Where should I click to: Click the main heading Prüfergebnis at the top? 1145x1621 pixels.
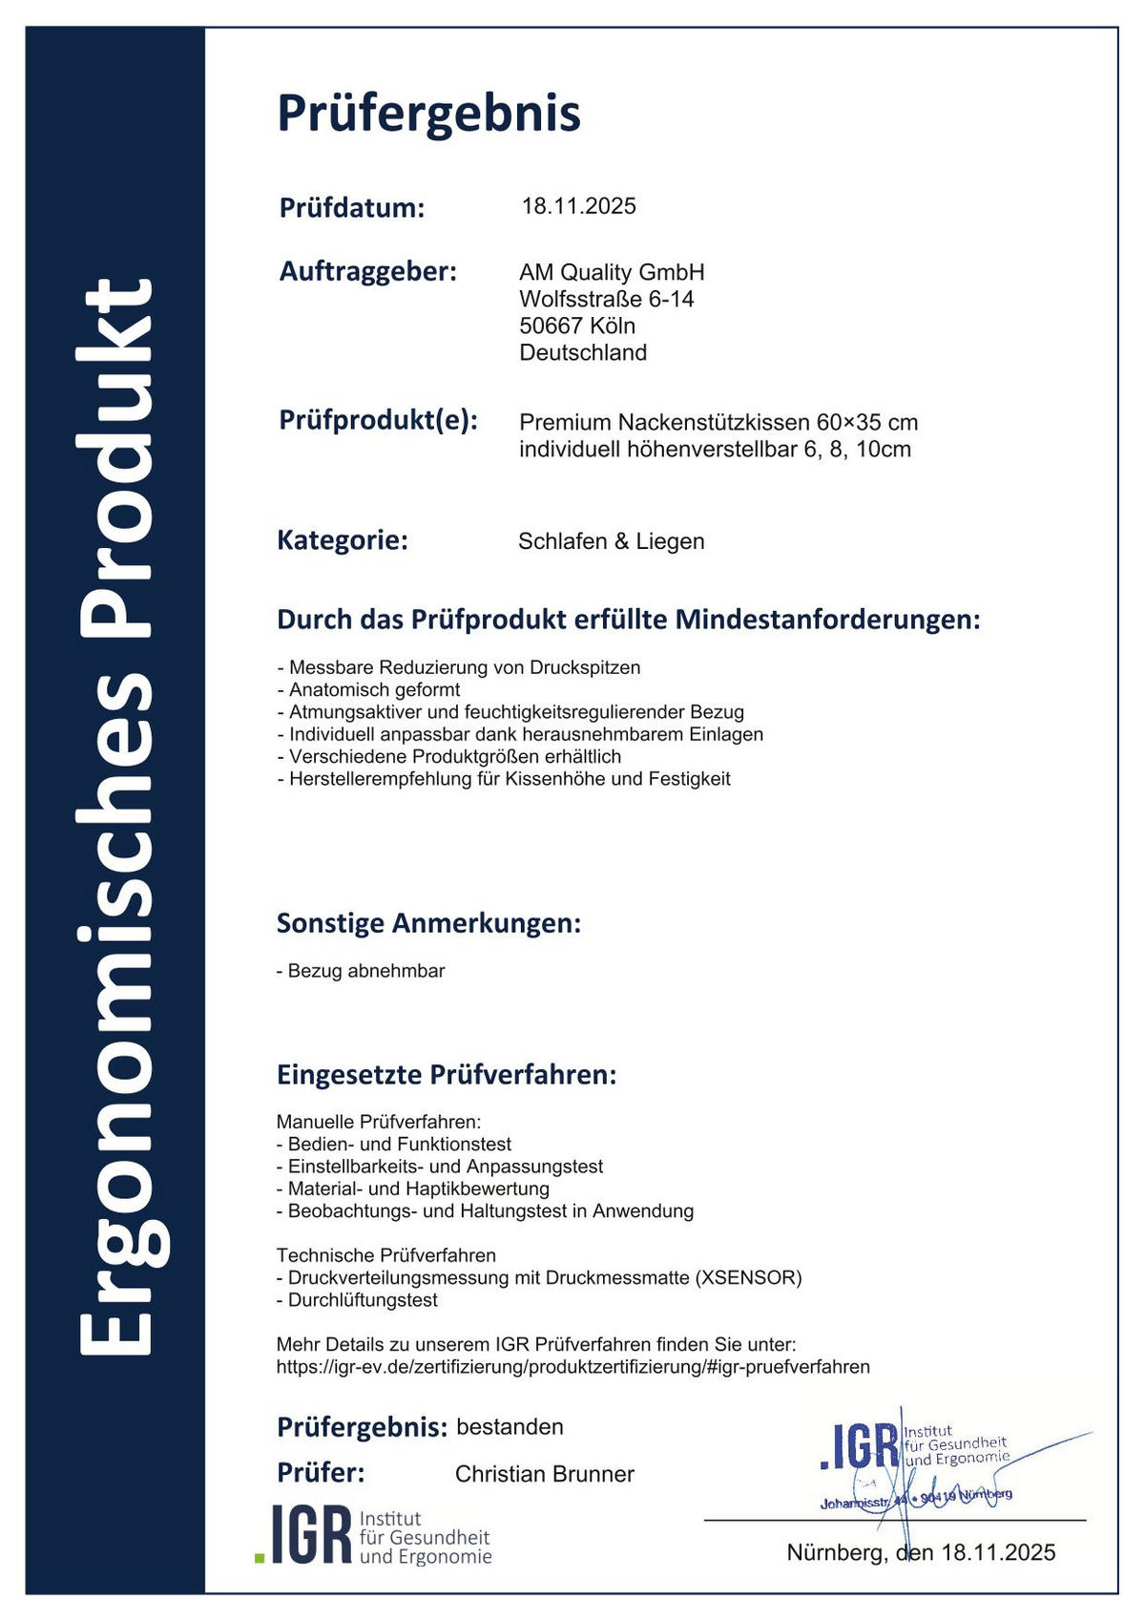428,114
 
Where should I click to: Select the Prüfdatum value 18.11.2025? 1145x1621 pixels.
578,206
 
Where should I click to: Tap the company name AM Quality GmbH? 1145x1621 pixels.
612,272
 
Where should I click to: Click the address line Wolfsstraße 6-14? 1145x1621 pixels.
606,299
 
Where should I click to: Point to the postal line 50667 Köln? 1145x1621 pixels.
576,326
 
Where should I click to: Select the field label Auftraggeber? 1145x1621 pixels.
368,271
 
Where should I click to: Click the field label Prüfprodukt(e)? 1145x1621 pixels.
378,420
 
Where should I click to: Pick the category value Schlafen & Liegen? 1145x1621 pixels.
611,541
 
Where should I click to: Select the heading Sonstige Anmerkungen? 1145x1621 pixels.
428,923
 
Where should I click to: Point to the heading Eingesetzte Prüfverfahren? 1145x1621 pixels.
447,1075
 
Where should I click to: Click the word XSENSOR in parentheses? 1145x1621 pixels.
748,1277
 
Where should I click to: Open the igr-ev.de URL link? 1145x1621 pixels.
572,1367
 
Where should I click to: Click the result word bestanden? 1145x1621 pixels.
510,1427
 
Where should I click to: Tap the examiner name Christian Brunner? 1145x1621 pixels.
544,1474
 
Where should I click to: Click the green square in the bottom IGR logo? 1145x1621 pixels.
260,1557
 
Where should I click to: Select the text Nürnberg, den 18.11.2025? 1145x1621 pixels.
921,1552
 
